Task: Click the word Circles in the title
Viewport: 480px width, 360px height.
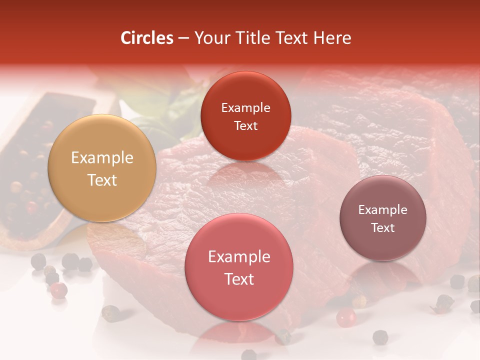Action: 146,38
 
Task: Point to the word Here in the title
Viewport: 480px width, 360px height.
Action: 332,38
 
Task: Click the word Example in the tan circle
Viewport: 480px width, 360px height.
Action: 102,158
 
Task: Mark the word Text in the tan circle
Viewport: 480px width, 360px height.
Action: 102,180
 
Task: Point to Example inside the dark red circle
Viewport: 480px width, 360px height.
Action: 245,107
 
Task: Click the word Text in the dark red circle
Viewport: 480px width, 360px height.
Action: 245,125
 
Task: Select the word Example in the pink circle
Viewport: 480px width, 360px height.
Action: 239,256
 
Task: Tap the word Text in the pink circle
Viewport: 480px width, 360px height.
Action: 239,279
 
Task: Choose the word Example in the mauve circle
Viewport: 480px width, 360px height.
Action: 383,209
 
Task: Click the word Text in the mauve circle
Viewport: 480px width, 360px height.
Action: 383,227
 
